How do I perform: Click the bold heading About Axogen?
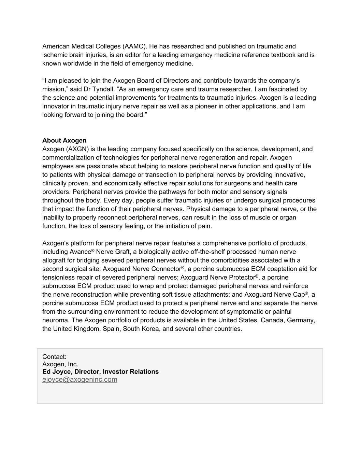tap(64, 140)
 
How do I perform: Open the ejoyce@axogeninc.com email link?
tap(80, 380)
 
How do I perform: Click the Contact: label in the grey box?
tap(54, 357)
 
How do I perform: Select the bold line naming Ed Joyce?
tap(100, 372)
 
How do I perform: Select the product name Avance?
tap(80, 252)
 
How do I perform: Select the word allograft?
tap(54, 260)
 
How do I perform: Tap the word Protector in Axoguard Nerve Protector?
tap(241, 278)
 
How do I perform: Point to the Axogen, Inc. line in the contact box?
tap(60, 364)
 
